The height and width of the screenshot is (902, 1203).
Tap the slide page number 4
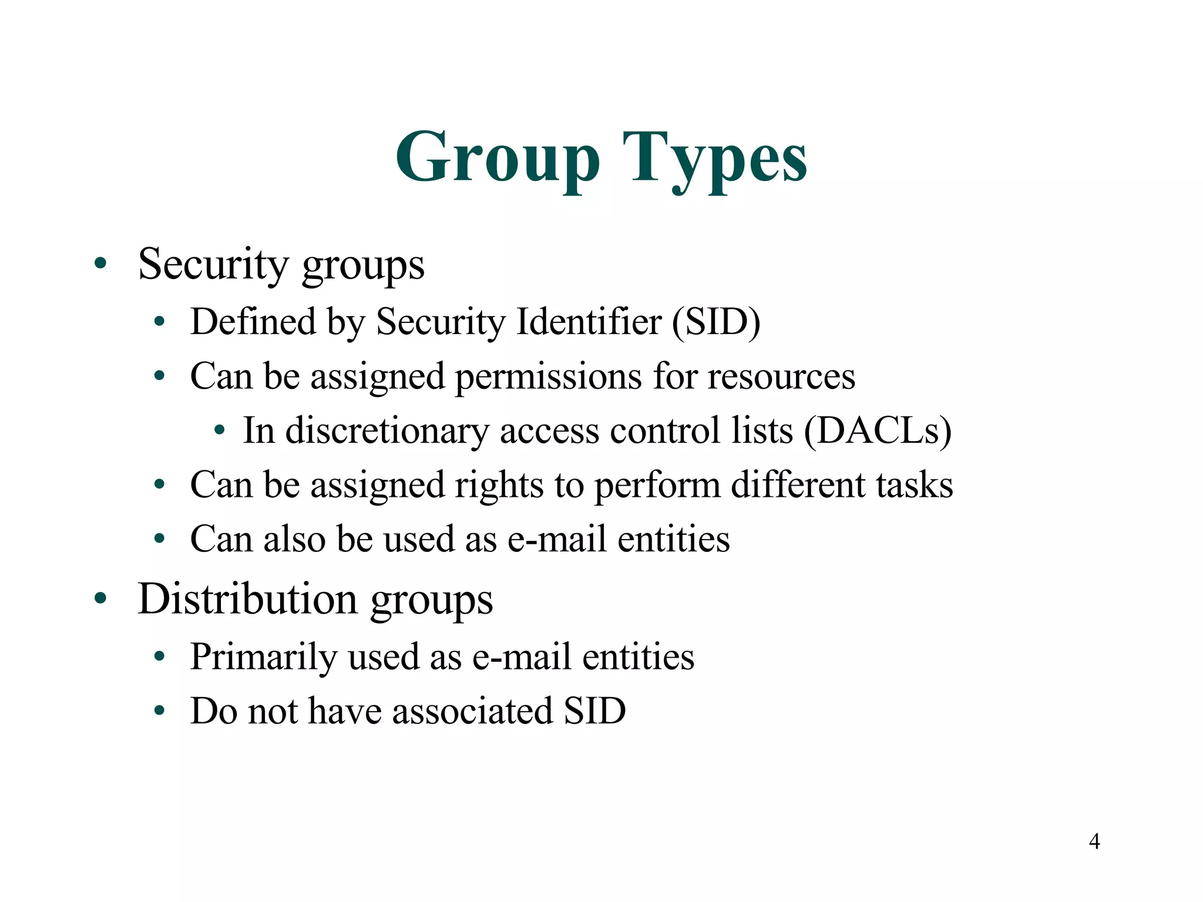1094,841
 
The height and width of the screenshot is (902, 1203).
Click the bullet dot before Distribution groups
100,598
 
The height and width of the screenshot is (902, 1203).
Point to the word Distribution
247,598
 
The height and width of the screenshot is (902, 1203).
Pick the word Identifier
589,322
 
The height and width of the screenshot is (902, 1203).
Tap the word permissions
548,376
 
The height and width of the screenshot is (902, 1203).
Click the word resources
781,376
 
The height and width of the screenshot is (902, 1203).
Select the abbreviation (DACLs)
878,430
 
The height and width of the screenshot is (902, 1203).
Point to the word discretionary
387,430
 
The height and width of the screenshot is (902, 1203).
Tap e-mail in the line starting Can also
557,538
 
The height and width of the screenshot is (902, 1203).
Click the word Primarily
263,657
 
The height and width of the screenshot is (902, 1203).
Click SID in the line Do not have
594,711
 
